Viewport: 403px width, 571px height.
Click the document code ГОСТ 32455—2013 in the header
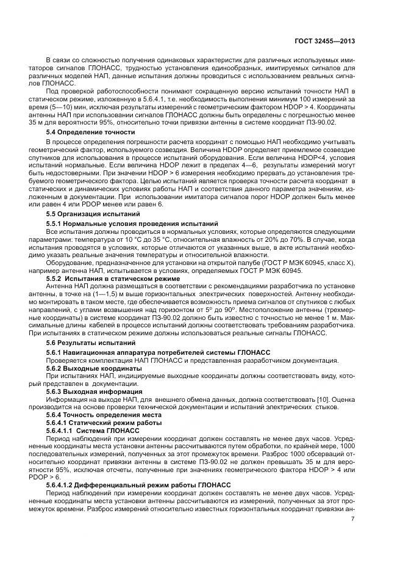[x=324, y=42]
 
